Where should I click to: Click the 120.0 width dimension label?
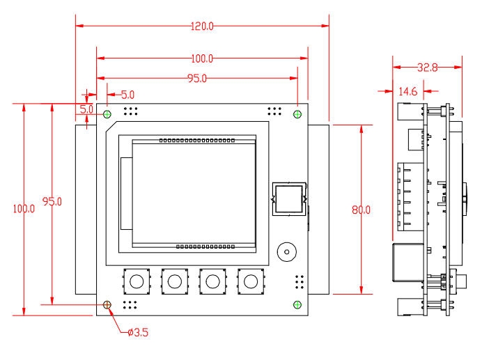(x=201, y=26)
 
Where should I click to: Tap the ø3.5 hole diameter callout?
(x=137, y=332)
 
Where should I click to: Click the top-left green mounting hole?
(x=107, y=114)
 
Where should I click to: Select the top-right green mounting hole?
(x=297, y=114)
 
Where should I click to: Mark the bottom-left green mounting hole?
(x=107, y=304)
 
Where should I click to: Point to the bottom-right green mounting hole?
(x=297, y=304)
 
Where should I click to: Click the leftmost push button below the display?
(x=137, y=281)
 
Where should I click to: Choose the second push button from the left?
(x=174, y=281)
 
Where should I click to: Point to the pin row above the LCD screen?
(x=196, y=141)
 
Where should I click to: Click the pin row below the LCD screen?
(x=204, y=246)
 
